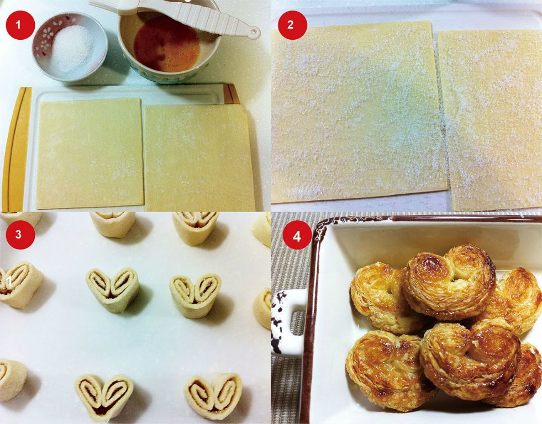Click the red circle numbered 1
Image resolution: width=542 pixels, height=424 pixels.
click(x=20, y=25)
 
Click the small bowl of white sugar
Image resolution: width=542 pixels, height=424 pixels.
click(x=70, y=46)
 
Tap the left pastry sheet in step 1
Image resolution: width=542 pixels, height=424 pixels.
click(x=90, y=153)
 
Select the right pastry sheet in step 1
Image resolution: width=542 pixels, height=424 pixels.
click(x=199, y=158)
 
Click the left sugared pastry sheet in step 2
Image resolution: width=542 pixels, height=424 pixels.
click(x=358, y=112)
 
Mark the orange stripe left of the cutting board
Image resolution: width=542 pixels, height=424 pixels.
click(x=16, y=149)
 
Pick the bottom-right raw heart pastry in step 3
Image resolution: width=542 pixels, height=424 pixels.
click(x=214, y=396)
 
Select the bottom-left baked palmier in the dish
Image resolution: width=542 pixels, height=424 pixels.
click(x=389, y=369)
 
